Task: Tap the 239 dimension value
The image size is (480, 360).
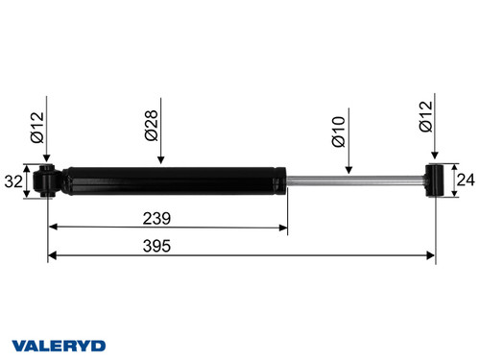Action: tap(159, 217)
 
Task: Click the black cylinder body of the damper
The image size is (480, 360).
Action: tap(173, 180)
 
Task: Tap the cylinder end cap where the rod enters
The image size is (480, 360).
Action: tap(285, 180)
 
